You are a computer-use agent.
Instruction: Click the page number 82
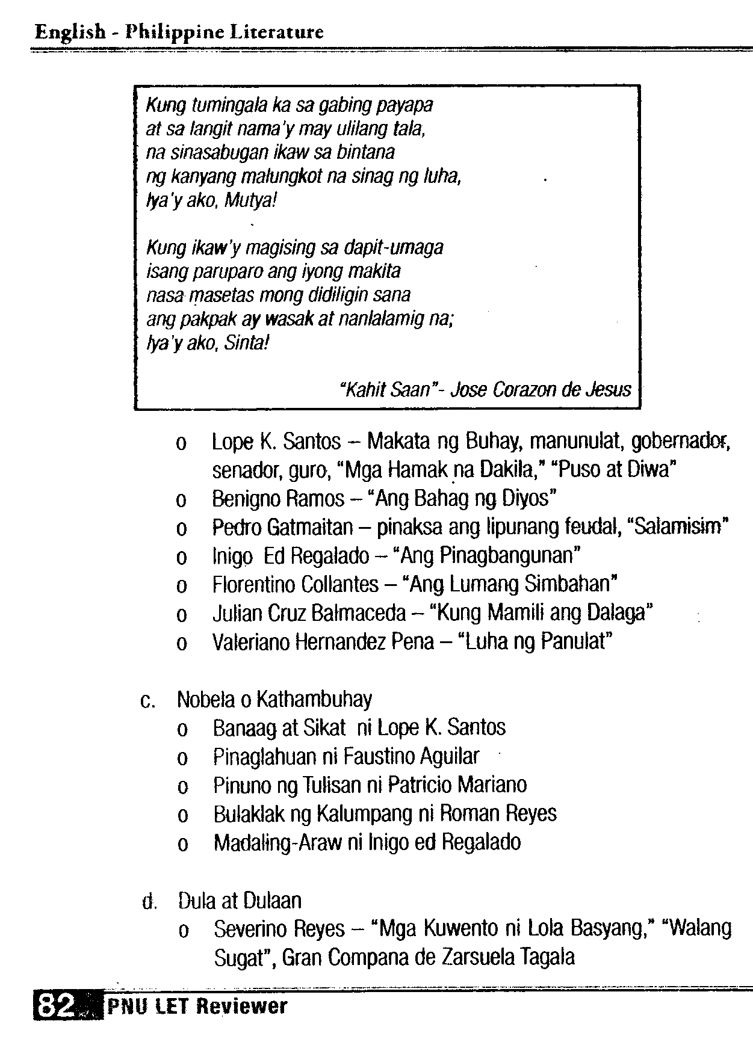57,1005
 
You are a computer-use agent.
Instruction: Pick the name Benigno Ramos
278,498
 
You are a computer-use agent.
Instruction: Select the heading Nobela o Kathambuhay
274,699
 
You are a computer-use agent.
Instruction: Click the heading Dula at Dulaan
240,901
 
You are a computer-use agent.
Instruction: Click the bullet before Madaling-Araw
183,844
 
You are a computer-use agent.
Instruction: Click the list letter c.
144,701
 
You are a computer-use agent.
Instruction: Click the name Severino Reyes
279,929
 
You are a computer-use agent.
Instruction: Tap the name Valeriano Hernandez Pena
323,643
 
